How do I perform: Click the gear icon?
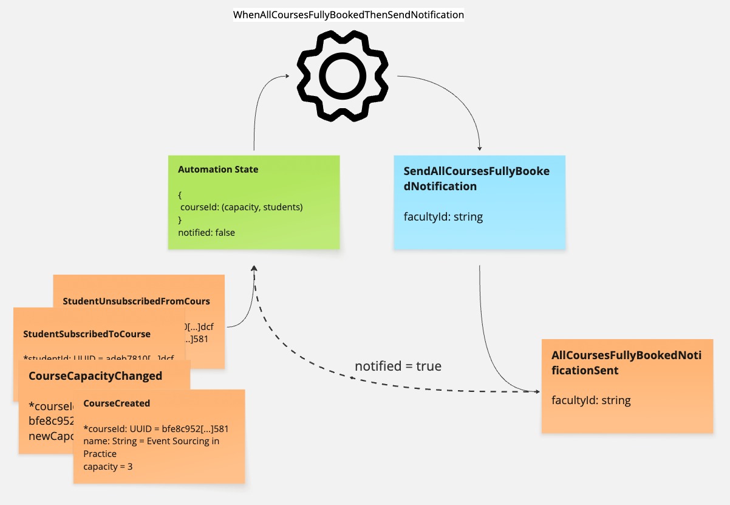point(341,75)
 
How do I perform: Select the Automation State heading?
point(218,170)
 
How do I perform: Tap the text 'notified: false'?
point(206,232)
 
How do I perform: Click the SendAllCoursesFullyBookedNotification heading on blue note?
point(476,179)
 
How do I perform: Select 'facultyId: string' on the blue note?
point(443,216)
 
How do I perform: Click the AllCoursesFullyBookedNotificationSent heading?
point(626,362)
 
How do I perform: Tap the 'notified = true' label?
point(398,366)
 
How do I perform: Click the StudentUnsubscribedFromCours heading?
point(136,301)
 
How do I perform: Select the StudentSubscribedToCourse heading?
point(87,334)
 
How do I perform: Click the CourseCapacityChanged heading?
point(95,376)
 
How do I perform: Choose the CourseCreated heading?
point(117,403)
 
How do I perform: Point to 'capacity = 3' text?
point(109,467)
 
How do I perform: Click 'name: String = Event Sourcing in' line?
point(151,441)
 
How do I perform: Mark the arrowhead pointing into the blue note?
point(480,148)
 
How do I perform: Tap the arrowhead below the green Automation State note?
point(254,269)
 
